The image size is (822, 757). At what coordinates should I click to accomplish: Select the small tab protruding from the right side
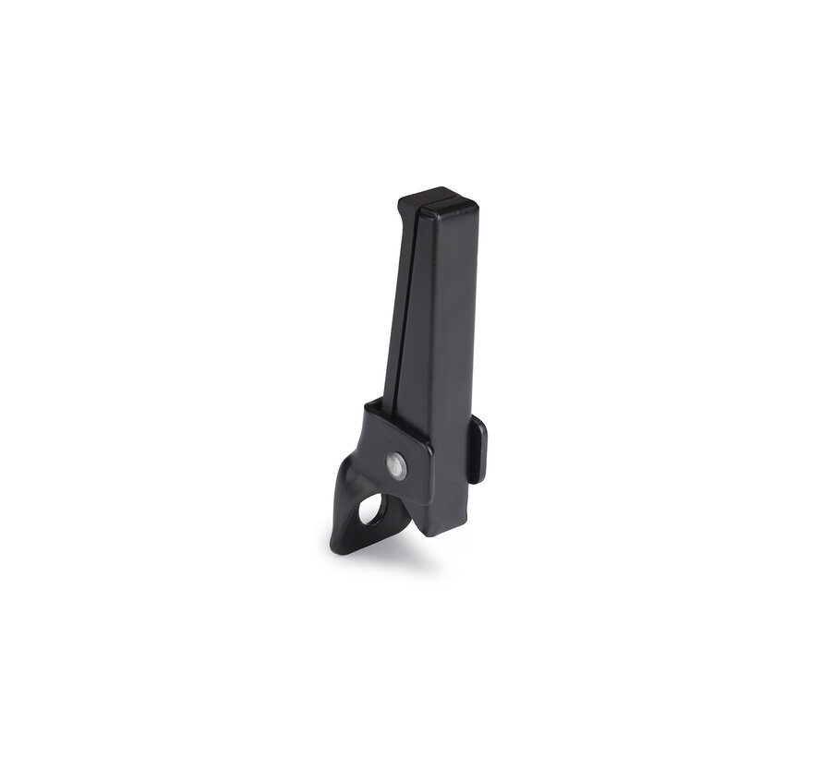click(x=477, y=450)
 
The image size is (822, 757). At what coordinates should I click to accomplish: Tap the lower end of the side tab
click(x=476, y=479)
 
